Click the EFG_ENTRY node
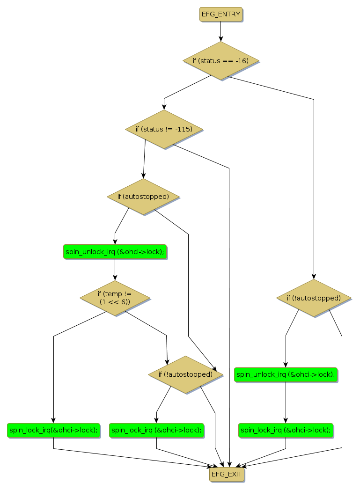point(221,15)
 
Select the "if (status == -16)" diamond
point(220,61)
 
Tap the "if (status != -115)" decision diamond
point(164,129)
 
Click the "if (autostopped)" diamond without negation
point(143,197)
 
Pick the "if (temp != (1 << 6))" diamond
point(115,298)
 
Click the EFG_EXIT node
point(227,474)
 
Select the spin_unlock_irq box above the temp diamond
point(115,252)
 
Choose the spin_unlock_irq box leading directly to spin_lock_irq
point(286,374)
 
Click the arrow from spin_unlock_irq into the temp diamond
point(115,270)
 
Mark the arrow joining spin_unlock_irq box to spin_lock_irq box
point(286,402)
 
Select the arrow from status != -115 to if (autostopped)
point(144,159)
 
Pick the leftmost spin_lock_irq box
point(53,430)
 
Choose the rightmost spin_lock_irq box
point(286,430)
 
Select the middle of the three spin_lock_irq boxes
point(156,430)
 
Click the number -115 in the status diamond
point(184,129)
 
